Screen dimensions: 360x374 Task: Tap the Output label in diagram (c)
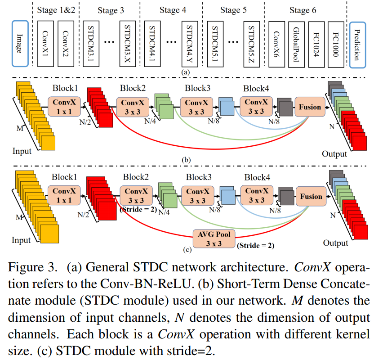pos(335,243)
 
